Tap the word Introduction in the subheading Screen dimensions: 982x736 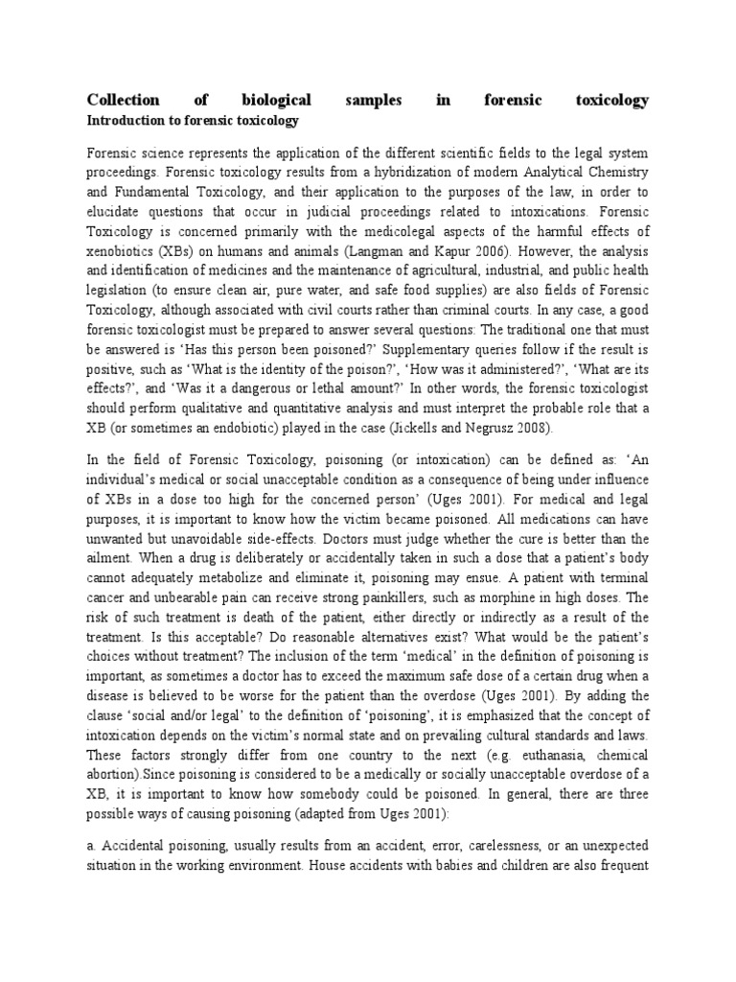[123, 121]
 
